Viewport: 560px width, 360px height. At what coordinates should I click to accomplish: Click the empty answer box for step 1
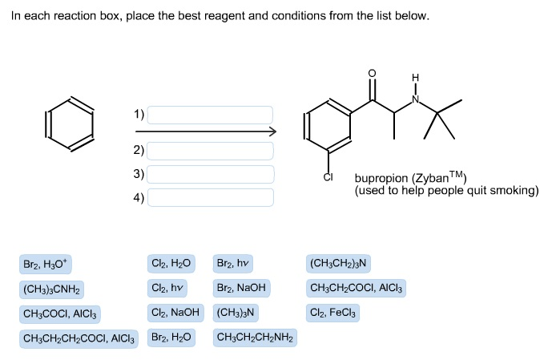coord(210,115)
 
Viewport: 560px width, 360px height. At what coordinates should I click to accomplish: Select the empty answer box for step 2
coord(210,150)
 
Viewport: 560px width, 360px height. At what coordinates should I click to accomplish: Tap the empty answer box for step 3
coord(210,174)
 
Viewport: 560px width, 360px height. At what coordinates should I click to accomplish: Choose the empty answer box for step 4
coord(210,197)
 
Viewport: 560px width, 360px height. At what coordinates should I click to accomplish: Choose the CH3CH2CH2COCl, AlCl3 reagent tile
coord(79,338)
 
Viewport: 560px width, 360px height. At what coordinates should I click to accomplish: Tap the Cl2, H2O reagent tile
coord(171,263)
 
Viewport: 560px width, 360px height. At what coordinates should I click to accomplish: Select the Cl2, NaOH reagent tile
coord(175,312)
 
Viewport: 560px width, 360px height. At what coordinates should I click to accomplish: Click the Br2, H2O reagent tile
coord(171,338)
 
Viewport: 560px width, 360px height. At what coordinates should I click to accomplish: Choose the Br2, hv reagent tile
coord(233,263)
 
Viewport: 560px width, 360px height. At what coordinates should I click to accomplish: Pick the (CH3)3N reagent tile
coord(236,312)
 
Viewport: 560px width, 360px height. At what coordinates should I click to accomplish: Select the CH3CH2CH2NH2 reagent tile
coord(255,338)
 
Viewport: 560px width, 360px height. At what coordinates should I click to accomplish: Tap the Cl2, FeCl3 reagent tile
coord(332,312)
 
